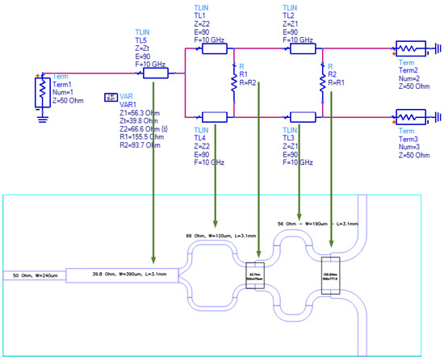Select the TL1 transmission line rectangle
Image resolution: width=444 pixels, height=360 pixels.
214,48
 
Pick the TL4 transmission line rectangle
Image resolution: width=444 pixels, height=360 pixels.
214,116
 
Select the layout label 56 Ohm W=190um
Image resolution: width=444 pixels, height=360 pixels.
322,220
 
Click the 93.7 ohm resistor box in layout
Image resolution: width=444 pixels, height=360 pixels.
255,276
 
